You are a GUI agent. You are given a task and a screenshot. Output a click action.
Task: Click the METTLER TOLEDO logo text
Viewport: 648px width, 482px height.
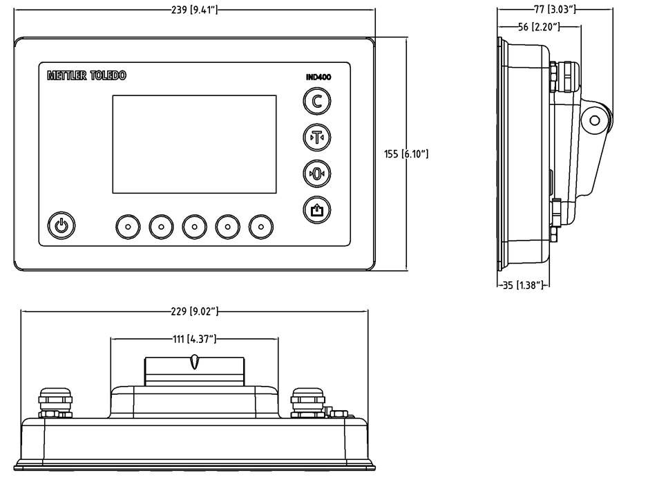tap(86, 75)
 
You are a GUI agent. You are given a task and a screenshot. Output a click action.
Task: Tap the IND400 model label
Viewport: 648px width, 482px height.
tap(318, 77)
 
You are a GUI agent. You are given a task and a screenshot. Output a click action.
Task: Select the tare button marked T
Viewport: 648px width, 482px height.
tap(317, 137)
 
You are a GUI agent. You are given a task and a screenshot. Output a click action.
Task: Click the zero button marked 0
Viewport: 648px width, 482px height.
tap(317, 173)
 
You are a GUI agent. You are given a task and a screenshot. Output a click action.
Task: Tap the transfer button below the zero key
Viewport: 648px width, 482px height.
tap(317, 209)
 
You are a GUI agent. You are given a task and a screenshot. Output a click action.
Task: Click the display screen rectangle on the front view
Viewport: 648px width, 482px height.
tap(194, 144)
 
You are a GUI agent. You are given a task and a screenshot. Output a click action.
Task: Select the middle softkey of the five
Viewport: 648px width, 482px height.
tap(195, 225)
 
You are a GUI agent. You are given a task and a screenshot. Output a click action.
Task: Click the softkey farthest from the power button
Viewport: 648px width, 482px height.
tap(261, 225)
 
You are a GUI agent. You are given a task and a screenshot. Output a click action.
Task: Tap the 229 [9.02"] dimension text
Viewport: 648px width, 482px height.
tap(194, 311)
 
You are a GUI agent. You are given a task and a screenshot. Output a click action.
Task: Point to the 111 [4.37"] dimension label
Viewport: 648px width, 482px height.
tap(194, 339)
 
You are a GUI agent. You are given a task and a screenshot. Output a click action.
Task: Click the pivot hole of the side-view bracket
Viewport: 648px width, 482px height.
tap(595, 120)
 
